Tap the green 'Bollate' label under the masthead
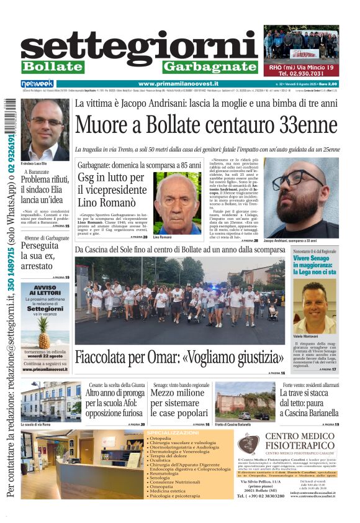pos(52,67)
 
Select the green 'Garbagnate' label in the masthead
pos(210,67)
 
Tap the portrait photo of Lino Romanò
pos(177,203)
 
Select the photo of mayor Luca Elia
pos(46,130)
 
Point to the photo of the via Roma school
pos(50,402)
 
